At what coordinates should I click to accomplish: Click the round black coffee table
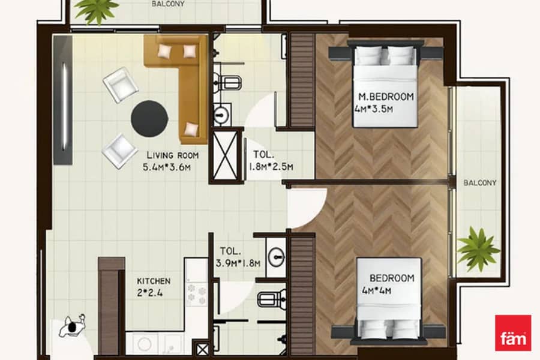pyautogui.click(x=149, y=119)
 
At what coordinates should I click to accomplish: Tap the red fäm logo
pyautogui.click(x=513, y=333)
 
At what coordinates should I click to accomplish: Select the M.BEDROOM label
pyautogui.click(x=386, y=97)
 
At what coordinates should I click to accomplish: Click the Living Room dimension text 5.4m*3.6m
pyautogui.click(x=167, y=167)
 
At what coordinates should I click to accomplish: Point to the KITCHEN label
pyautogui.click(x=154, y=281)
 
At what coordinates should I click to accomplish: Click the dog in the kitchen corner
pyautogui.click(x=73, y=326)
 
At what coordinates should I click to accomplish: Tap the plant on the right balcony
pyautogui.click(x=478, y=249)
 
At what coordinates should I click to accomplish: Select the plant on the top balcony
pyautogui.click(x=97, y=11)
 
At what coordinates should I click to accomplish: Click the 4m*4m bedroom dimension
pyautogui.click(x=376, y=291)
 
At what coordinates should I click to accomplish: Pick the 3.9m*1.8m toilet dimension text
pyautogui.click(x=238, y=263)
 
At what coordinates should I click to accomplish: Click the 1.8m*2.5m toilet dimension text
pyautogui.click(x=271, y=167)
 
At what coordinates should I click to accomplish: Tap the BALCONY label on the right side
pyautogui.click(x=480, y=183)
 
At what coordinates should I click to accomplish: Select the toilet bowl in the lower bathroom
pyautogui.click(x=272, y=298)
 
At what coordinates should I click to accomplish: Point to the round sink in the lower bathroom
pyautogui.click(x=277, y=257)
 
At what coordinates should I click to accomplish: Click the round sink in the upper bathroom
pyautogui.click(x=222, y=114)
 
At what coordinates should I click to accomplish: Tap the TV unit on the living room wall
pyautogui.click(x=63, y=100)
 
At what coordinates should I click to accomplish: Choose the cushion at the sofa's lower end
pyautogui.click(x=191, y=129)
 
